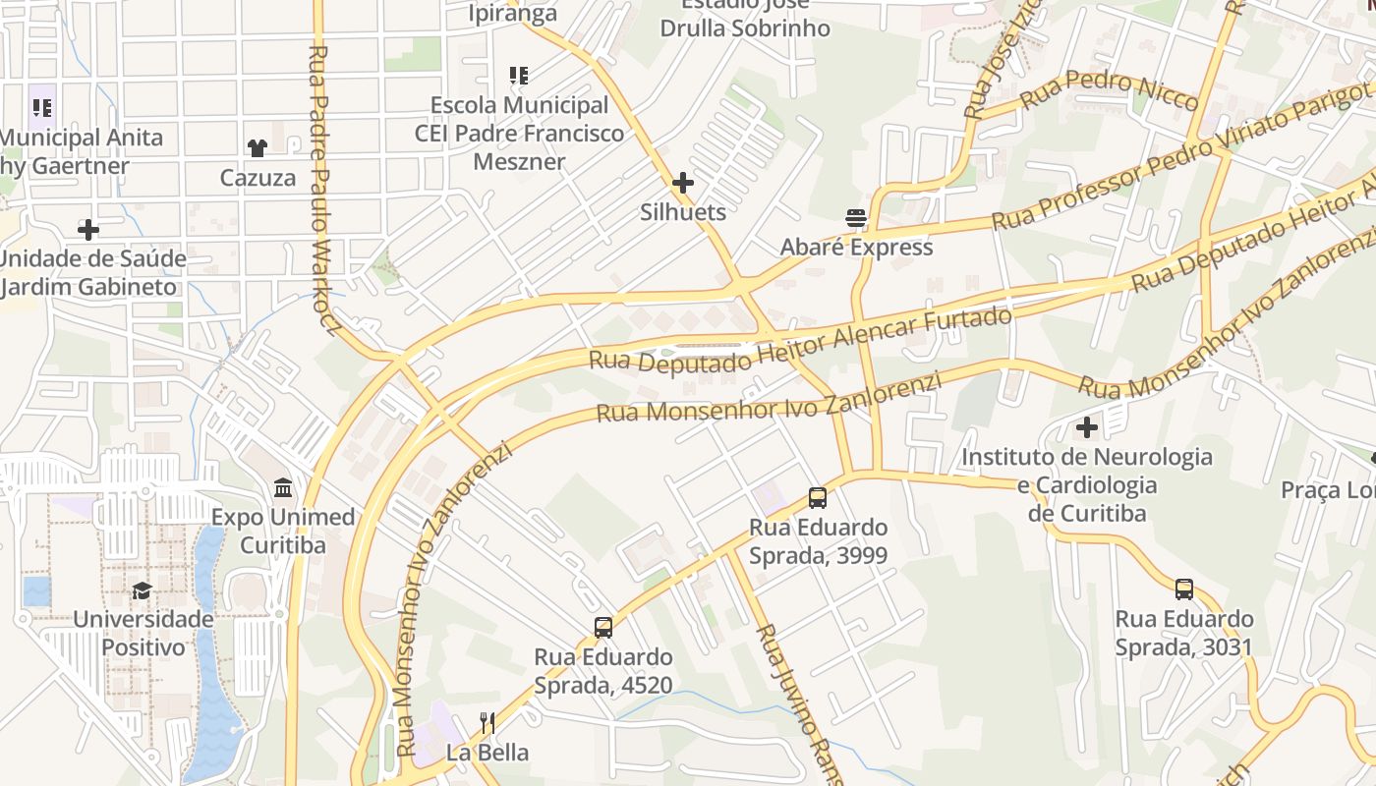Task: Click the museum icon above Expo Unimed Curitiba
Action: (x=283, y=487)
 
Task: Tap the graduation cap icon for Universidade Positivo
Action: (x=143, y=590)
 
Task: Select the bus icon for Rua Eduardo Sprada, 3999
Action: (x=818, y=498)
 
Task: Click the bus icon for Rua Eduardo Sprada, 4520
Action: (x=603, y=628)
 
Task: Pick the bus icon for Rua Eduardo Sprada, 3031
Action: (x=1184, y=589)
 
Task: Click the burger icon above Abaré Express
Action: (x=856, y=218)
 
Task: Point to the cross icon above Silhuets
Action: (x=683, y=183)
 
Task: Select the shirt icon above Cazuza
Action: (x=258, y=148)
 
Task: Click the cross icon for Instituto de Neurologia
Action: (x=1087, y=427)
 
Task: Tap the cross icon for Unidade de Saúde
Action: (x=88, y=230)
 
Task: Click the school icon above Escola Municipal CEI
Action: (x=519, y=76)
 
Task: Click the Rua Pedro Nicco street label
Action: (x=1109, y=90)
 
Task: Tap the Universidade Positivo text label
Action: (x=143, y=634)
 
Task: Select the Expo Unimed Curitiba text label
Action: (x=283, y=531)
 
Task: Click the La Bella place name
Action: (x=487, y=754)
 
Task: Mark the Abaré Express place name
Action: (x=856, y=248)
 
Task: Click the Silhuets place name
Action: (x=683, y=212)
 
